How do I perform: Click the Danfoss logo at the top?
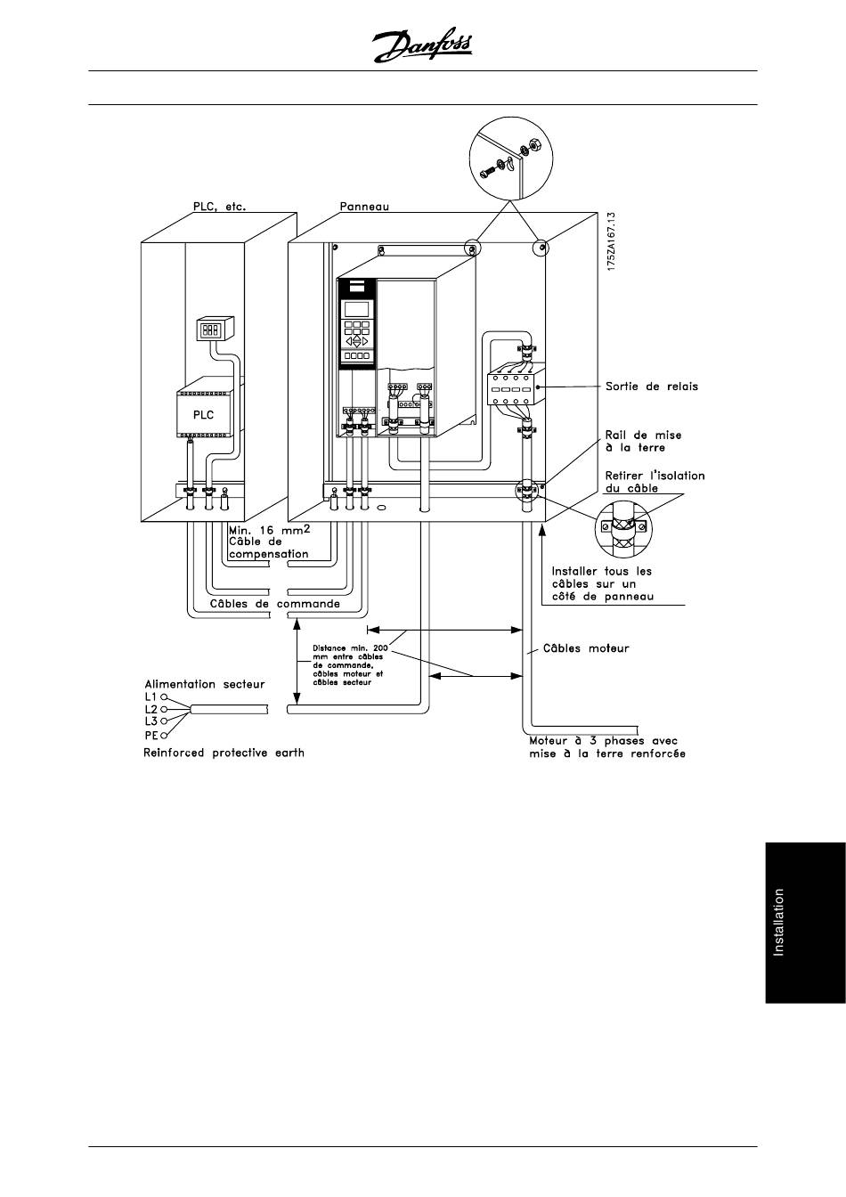422,45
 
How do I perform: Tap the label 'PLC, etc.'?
219,207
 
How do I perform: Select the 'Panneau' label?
364,207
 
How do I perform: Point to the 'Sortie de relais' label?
652,387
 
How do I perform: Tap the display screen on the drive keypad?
356,309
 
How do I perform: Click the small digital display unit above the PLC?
216,329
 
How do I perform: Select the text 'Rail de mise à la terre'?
643,442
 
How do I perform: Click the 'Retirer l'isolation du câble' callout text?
655,482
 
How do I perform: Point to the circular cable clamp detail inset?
623,530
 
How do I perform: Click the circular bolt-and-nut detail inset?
511,159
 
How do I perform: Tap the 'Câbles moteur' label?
586,648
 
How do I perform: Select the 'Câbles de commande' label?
274,604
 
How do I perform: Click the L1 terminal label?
150,696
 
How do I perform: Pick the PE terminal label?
151,736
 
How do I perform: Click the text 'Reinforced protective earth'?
224,753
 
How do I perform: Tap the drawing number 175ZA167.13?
612,241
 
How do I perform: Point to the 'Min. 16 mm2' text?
269,530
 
